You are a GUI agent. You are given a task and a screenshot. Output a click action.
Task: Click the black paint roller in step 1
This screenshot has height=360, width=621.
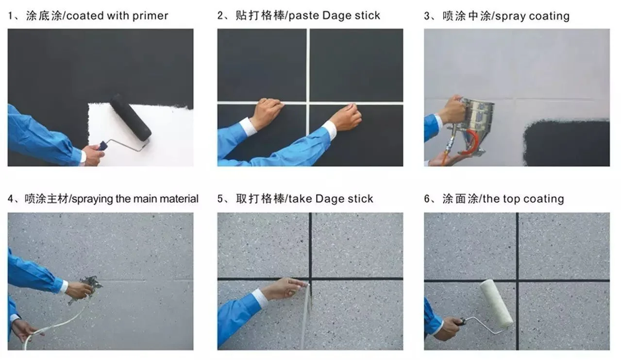pos(130,118)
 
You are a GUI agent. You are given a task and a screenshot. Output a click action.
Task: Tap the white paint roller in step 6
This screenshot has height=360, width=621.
pos(497,303)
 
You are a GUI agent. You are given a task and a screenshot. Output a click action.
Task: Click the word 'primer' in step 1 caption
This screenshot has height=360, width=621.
pos(150,16)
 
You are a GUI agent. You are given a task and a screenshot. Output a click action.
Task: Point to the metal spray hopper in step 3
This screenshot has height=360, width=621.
pos(477,117)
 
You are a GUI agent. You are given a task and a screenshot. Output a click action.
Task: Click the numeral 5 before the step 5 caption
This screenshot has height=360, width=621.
pos(220,199)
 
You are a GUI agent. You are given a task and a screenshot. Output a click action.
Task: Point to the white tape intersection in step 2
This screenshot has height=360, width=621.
pos(308,103)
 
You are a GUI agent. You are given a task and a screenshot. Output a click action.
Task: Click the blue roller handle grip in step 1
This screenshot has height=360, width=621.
pos(102,145)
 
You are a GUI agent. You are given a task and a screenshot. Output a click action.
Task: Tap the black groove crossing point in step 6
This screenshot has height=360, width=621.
pos(517,280)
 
